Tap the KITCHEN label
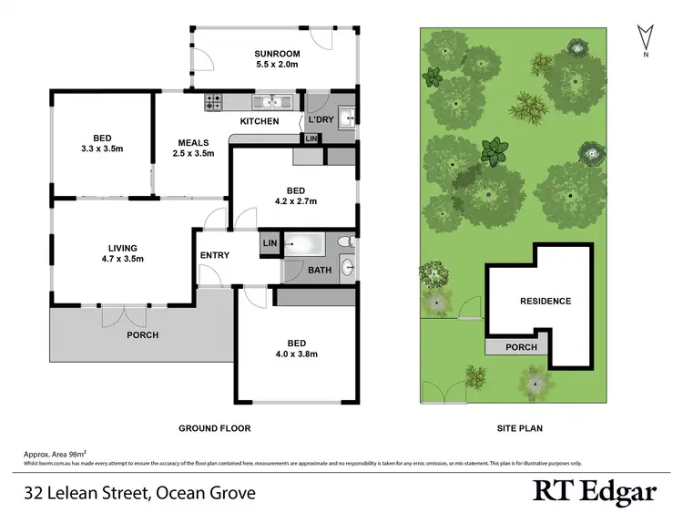click(259, 121)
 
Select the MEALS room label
click(193, 142)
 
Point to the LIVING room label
click(122, 248)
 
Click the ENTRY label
click(214, 255)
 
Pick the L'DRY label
click(321, 120)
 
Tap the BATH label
click(319, 270)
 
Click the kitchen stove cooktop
click(215, 102)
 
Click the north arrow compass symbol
click(645, 37)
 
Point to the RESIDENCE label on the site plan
click(545, 301)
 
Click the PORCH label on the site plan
click(521, 347)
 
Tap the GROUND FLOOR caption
click(214, 427)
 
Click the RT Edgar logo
click(594, 491)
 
